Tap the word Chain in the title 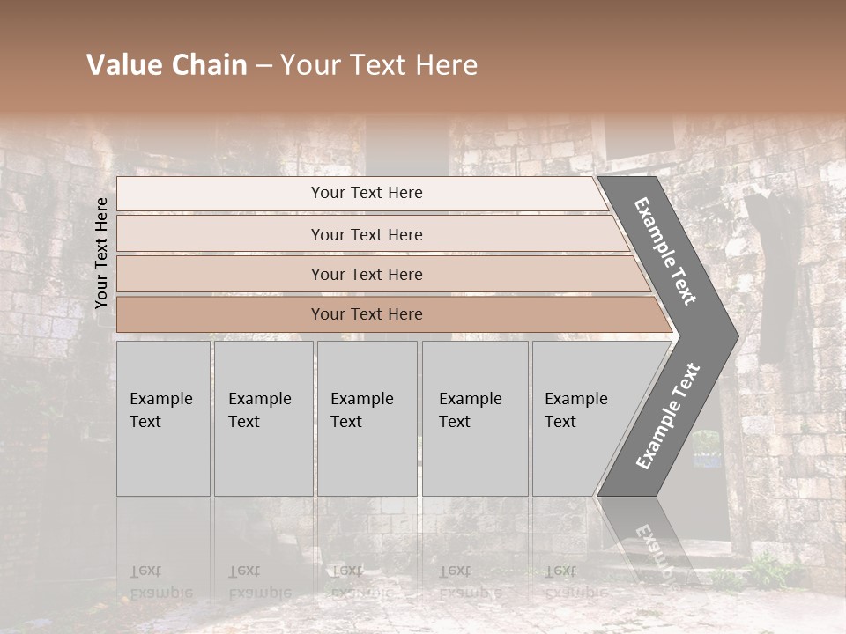[x=207, y=65]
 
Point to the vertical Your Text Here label [x=101, y=253]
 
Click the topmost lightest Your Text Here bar [x=366, y=193]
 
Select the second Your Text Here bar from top [x=366, y=234]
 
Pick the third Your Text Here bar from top [x=366, y=274]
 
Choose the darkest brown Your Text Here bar [x=366, y=314]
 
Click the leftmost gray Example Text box [x=163, y=418]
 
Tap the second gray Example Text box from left [x=263, y=418]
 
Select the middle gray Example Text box [x=366, y=418]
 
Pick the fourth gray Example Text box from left [x=474, y=418]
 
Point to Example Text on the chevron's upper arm [x=665, y=251]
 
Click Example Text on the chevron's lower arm [x=668, y=416]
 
